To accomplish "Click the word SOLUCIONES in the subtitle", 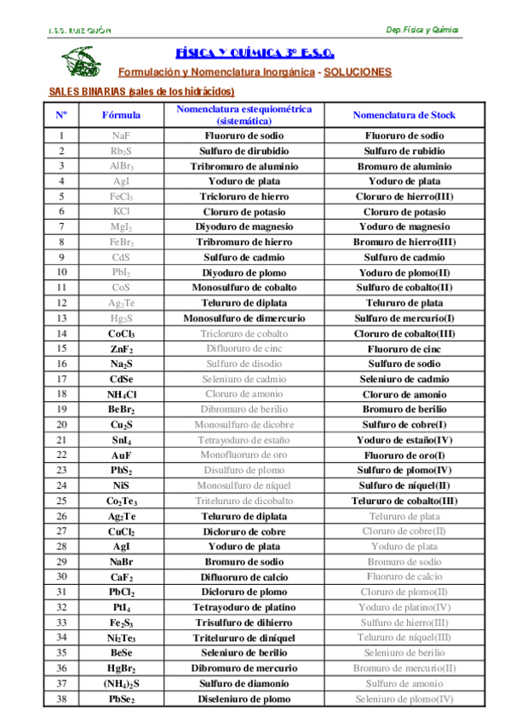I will (x=358, y=72).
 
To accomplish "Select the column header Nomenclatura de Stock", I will (x=404, y=114).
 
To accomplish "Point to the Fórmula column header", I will (x=122, y=114).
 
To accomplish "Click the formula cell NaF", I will (x=122, y=135).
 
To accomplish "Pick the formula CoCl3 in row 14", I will (x=122, y=334).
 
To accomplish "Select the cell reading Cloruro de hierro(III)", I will (x=404, y=197).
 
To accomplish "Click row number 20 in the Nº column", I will (x=61, y=425).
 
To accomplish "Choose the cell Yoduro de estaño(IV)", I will (x=404, y=440).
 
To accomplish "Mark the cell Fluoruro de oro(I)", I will (x=404, y=456).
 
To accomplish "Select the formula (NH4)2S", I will (x=122, y=685).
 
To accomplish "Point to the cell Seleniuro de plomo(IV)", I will (x=404, y=700).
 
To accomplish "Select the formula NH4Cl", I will (x=122, y=395).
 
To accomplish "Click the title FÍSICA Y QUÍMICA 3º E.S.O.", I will (x=255, y=52).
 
